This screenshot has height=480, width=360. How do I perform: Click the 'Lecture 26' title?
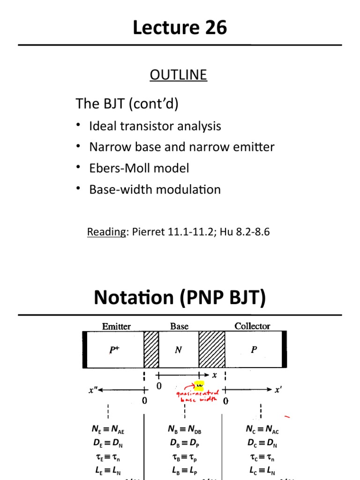pos(180,28)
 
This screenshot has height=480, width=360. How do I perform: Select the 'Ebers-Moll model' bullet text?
pos(139,168)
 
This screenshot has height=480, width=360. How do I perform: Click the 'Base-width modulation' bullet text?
pos(155,190)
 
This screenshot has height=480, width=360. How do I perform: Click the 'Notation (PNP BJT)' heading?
pos(180,298)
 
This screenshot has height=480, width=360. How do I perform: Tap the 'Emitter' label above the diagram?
pos(117,326)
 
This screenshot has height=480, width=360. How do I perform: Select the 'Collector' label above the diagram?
pos(252,326)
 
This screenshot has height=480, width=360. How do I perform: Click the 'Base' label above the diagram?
pos(179,326)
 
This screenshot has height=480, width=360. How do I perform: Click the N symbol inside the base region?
pos(178,350)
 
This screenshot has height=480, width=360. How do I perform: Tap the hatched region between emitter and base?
pos(151,350)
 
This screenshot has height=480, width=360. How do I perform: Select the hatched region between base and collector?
pos(212,350)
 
